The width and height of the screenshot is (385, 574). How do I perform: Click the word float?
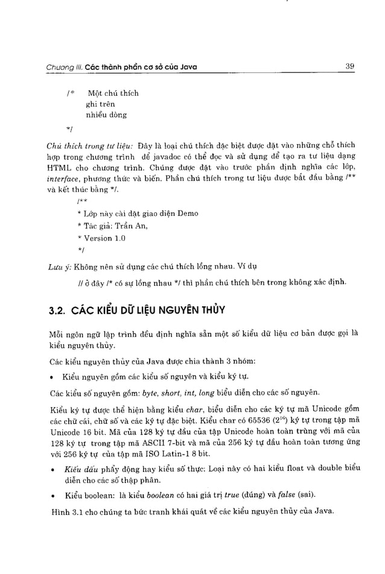(x=287, y=468)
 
